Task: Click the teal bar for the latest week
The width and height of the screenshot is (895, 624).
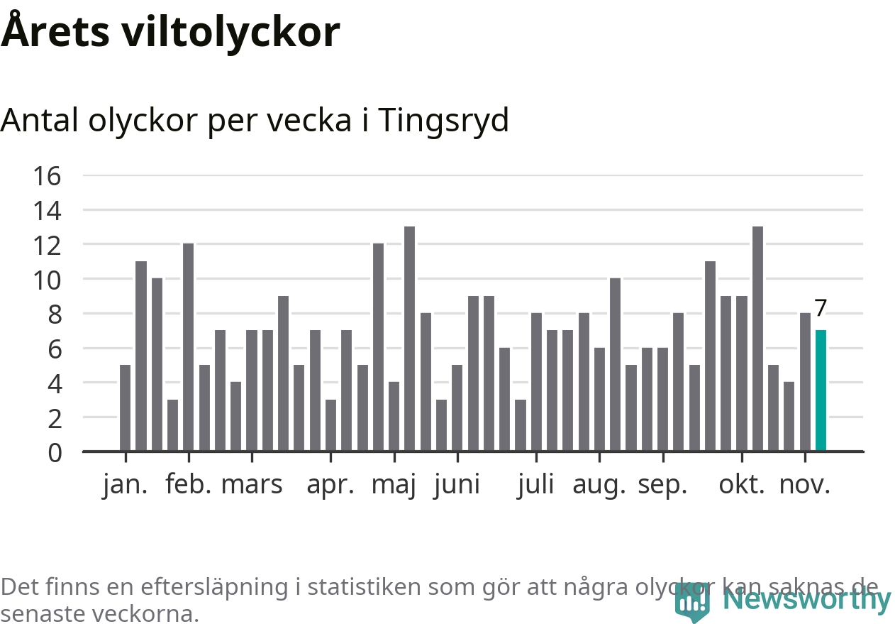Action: pyautogui.click(x=821, y=390)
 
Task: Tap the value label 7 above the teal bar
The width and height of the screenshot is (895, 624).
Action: pyautogui.click(x=821, y=308)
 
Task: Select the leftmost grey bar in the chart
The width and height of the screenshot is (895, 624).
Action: pyautogui.click(x=125, y=407)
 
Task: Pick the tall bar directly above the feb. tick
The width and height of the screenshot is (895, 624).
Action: pyautogui.click(x=188, y=347)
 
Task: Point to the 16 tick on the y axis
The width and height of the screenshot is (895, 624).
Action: pyautogui.click(x=48, y=176)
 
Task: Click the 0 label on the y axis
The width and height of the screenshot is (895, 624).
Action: pyautogui.click(x=55, y=452)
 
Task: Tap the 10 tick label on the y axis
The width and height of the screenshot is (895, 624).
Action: pyautogui.click(x=48, y=280)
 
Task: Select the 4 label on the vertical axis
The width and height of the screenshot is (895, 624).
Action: pyautogui.click(x=55, y=383)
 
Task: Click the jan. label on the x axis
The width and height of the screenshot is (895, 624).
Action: pyautogui.click(x=125, y=486)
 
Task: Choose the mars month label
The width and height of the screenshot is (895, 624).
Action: pyautogui.click(x=252, y=486)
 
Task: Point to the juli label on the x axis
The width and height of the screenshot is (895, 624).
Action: pyautogui.click(x=535, y=486)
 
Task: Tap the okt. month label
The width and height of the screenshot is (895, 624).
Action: pyautogui.click(x=743, y=486)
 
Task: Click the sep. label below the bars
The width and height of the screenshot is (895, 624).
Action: pyautogui.click(x=662, y=486)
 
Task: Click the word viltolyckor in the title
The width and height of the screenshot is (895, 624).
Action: pyautogui.click(x=230, y=32)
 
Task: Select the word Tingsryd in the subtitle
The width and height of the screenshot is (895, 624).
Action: pyautogui.click(x=443, y=121)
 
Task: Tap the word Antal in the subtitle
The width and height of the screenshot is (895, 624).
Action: pyautogui.click(x=40, y=121)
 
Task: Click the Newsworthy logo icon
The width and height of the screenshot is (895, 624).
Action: pyautogui.click(x=691, y=603)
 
